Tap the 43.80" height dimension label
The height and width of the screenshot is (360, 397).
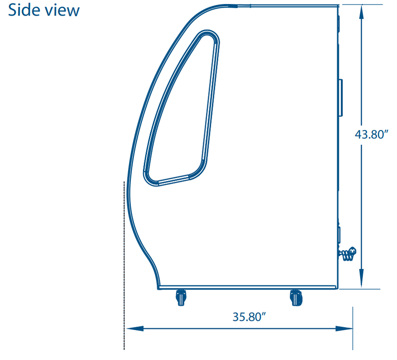pos(371,135)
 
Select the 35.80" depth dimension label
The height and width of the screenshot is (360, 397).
pos(247,316)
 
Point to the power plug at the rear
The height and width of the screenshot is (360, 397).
pos(349,254)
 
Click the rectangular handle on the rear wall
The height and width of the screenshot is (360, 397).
pos(341,97)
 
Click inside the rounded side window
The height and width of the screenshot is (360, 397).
pos(184,112)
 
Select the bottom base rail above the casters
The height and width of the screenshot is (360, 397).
pos(247,287)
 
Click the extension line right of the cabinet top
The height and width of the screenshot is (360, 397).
pos(360,4)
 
